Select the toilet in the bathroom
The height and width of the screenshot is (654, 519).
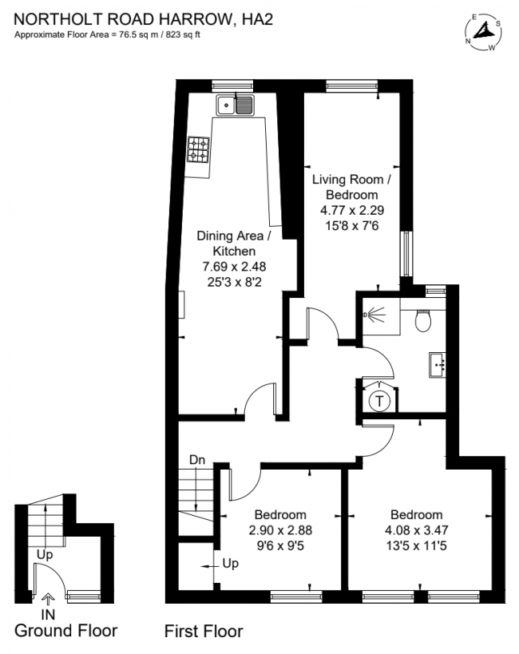tap(424, 319)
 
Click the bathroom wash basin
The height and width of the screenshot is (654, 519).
tap(437, 364)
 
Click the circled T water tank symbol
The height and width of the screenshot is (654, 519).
tap(382, 399)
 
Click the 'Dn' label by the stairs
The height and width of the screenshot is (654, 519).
tap(199, 460)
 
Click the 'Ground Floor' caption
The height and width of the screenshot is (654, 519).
tap(66, 631)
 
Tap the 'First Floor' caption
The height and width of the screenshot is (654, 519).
tap(203, 632)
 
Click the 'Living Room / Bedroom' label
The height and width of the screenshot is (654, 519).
tap(351, 188)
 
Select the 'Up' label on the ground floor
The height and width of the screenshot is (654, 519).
tap(45, 553)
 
